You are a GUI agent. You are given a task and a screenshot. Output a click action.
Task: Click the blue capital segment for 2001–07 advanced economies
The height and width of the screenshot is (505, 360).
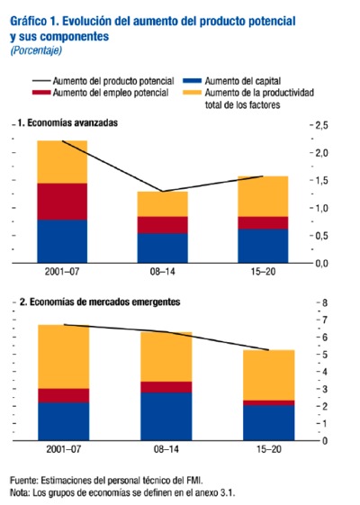(x=62, y=241)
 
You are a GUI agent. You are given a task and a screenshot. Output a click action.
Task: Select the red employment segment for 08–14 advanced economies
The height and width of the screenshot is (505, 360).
(x=163, y=225)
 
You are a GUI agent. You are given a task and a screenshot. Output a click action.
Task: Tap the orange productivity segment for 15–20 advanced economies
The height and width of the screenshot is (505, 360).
(x=263, y=196)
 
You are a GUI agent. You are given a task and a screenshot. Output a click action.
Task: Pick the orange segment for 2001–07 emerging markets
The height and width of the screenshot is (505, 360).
(x=63, y=356)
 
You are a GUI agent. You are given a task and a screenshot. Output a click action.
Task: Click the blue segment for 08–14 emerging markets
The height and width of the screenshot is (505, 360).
(x=166, y=416)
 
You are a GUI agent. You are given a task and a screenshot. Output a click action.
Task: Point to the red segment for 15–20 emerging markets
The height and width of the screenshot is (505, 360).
(x=269, y=402)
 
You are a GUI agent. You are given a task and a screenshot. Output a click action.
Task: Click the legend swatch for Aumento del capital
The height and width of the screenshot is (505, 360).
(x=192, y=81)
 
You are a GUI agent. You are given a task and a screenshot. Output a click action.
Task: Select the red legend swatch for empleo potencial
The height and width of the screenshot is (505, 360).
(x=41, y=93)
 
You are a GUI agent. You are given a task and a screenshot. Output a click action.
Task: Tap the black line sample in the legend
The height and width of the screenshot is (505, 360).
(x=41, y=81)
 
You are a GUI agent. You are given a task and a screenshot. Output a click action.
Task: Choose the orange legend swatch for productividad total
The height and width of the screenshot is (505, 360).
(x=192, y=93)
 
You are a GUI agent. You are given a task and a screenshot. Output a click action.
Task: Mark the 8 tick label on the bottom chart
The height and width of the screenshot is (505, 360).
(x=324, y=302)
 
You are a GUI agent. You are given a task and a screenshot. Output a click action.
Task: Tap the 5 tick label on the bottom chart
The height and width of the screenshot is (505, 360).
(x=324, y=355)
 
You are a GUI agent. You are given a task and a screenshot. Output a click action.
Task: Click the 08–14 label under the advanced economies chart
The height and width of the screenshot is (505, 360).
(x=163, y=272)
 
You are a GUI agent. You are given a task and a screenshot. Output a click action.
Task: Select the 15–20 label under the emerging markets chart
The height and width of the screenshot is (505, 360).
(x=269, y=449)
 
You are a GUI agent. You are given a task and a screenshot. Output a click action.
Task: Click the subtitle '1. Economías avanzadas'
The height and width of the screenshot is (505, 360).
(x=67, y=123)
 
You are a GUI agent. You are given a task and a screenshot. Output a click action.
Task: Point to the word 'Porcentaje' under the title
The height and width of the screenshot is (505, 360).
(x=36, y=50)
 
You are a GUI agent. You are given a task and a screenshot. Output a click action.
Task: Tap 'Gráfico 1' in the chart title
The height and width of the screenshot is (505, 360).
(x=34, y=22)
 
